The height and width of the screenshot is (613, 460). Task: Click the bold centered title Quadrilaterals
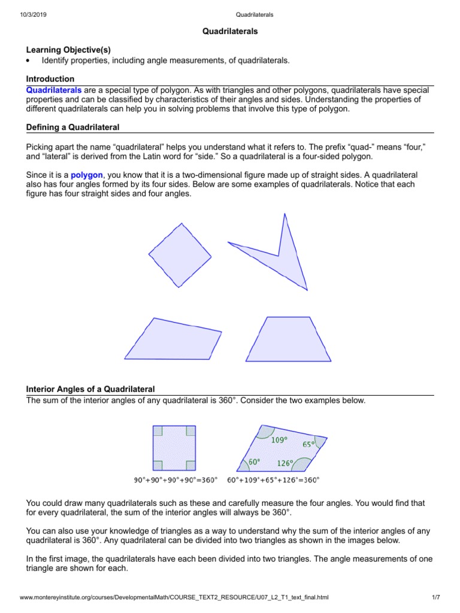coord(230,31)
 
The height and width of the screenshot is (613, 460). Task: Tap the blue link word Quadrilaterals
coord(54,89)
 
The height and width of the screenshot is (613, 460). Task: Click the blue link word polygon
coord(87,175)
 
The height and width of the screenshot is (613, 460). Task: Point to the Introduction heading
coord(50,79)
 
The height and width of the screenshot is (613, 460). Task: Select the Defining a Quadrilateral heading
coord(73,128)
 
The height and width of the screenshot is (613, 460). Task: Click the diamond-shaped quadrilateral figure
coord(180,255)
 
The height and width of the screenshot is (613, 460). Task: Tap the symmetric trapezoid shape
coord(288,340)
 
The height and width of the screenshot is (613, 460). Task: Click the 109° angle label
coord(279,440)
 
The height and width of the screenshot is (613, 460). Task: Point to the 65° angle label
coord(308,444)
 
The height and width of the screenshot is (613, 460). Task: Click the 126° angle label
coord(285,463)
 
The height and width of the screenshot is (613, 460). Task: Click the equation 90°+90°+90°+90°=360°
coord(174,480)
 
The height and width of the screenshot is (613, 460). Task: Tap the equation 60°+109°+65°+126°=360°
coord(278,480)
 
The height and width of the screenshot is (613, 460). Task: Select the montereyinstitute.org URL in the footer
coord(174,598)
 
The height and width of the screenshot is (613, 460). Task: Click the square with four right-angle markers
coord(174,448)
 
